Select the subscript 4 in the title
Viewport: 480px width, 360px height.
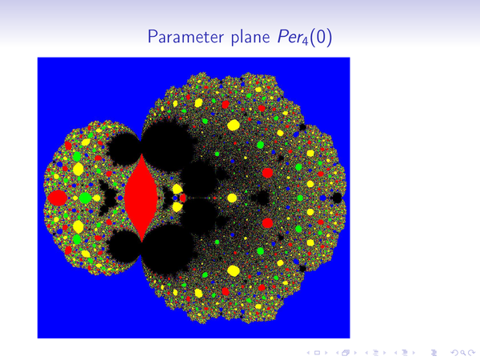(x=305, y=41)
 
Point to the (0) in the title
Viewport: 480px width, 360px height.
(x=321, y=37)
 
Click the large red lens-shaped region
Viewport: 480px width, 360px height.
(x=141, y=198)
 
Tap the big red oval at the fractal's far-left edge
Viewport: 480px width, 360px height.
(x=58, y=198)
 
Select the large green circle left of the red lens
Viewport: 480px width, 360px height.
(x=85, y=198)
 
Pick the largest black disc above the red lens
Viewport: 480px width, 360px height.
(x=167, y=142)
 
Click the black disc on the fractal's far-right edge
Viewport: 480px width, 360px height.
(x=337, y=198)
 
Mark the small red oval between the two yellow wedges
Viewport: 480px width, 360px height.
(x=182, y=198)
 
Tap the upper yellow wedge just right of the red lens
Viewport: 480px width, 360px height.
(x=177, y=189)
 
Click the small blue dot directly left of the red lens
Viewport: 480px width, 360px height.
(x=120, y=198)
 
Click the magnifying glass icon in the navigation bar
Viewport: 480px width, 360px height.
(x=462, y=353)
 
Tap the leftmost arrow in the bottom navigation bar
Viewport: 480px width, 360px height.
(x=308, y=353)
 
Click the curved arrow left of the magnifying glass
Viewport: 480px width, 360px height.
(x=455, y=353)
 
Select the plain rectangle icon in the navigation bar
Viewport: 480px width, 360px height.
(x=317, y=353)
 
